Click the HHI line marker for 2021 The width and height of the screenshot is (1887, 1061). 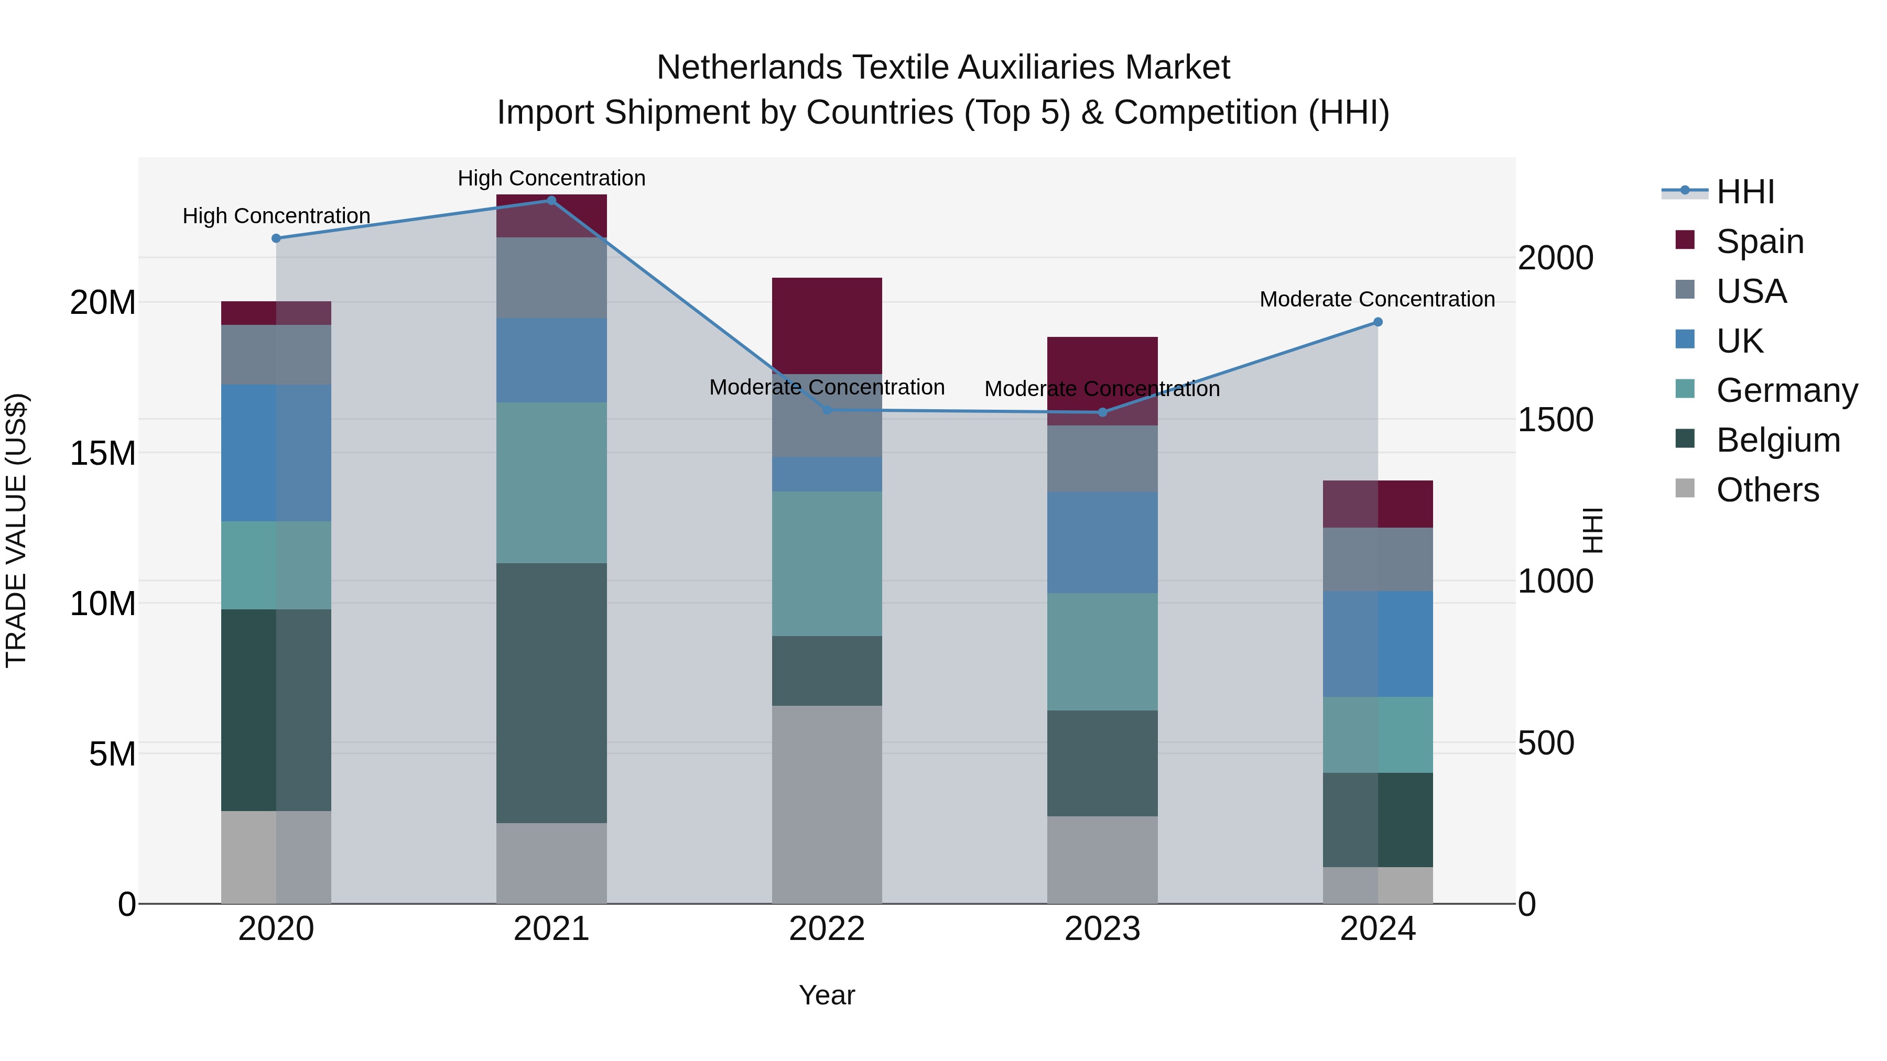tap(551, 201)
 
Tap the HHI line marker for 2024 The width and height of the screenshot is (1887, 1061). tap(1377, 322)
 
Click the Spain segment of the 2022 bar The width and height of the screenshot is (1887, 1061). tap(827, 326)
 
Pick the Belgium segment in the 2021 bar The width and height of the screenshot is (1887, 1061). tap(551, 693)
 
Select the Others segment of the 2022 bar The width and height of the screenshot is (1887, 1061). tap(827, 804)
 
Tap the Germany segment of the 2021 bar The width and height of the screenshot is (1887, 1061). tap(551, 483)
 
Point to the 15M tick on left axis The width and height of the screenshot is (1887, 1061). tap(103, 453)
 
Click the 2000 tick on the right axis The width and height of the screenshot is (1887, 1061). tap(1555, 258)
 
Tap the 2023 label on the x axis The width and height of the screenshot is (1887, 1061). tap(1102, 929)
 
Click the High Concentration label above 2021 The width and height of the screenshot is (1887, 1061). tap(551, 178)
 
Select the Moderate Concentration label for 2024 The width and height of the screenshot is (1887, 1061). tap(1377, 300)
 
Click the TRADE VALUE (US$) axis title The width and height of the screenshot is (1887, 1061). tap(16, 530)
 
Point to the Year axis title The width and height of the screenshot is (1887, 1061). tap(827, 995)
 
